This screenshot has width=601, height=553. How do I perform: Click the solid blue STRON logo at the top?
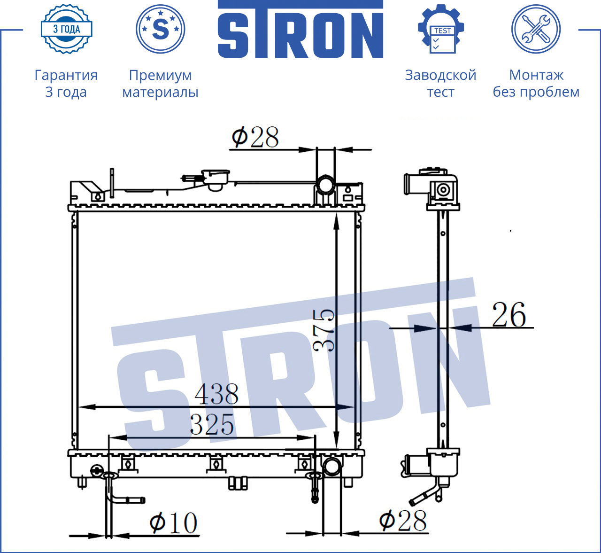(300, 29)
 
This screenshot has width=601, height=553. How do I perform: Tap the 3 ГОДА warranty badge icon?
(67, 29)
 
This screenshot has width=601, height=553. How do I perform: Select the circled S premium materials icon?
(160, 29)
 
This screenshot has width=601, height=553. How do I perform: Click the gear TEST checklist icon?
(441, 29)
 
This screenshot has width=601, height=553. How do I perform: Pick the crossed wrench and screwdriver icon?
(536, 29)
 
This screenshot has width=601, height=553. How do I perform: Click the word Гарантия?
(66, 75)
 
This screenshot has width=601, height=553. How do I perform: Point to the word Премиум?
(160, 75)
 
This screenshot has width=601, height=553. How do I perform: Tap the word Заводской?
(441, 75)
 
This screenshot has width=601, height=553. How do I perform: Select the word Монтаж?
(536, 75)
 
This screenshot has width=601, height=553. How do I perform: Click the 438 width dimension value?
(216, 394)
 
